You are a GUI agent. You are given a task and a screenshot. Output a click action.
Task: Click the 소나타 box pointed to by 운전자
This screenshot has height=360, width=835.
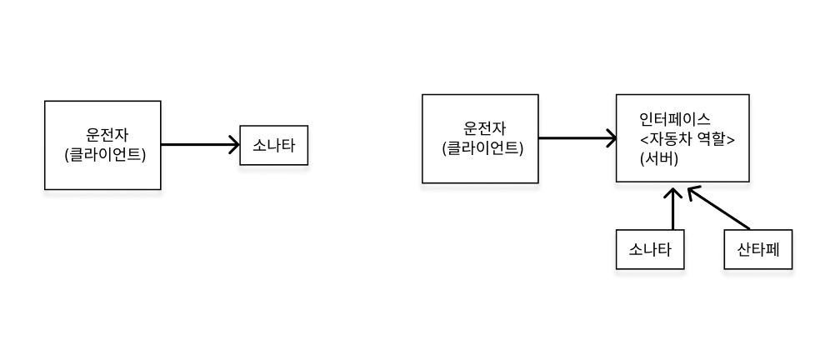(x=274, y=145)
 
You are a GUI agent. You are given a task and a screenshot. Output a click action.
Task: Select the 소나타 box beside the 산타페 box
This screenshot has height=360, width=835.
(x=650, y=248)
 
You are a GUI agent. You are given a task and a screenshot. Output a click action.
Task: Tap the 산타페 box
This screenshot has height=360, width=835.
(x=757, y=248)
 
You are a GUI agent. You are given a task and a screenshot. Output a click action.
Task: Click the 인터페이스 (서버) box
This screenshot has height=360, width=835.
(x=682, y=138)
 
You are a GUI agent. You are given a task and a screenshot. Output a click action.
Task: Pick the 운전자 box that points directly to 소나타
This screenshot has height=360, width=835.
(x=102, y=145)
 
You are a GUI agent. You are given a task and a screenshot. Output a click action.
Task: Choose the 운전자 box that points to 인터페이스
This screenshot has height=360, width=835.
(x=480, y=138)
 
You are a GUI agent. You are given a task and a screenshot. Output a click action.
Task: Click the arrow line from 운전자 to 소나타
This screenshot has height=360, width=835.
(x=196, y=145)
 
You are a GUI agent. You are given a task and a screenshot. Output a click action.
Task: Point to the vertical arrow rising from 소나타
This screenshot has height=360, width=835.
(x=672, y=210)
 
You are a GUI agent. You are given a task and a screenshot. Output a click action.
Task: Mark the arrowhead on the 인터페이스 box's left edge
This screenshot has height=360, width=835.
(x=611, y=138)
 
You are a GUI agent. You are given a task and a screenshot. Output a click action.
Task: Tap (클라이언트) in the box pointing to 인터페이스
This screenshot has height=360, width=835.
(x=482, y=148)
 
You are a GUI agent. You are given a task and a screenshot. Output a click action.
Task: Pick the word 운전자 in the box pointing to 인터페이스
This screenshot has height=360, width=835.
(x=482, y=128)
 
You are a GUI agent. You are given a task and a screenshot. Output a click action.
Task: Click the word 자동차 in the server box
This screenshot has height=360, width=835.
(x=671, y=140)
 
